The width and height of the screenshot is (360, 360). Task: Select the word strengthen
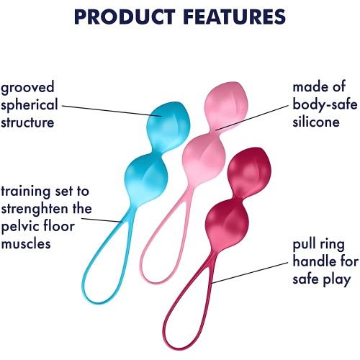point(36,209)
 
